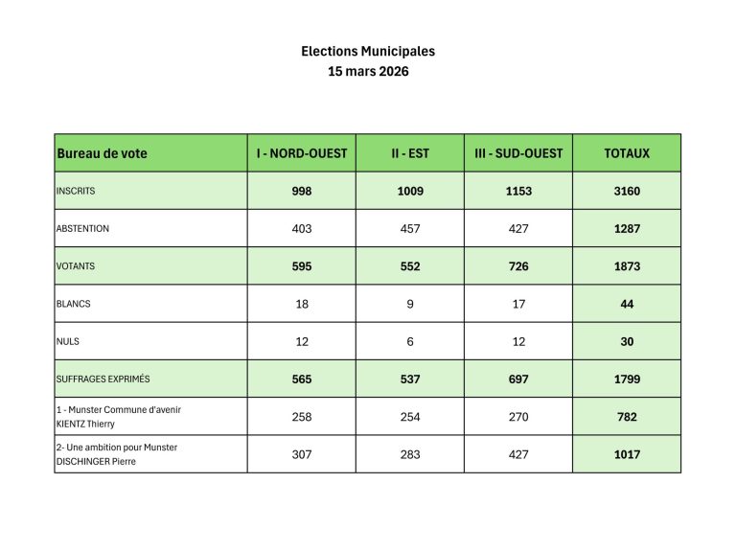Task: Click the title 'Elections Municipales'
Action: (x=368, y=52)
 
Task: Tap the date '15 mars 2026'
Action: (x=368, y=72)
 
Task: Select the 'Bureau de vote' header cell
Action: (x=103, y=153)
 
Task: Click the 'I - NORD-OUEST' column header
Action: (x=302, y=153)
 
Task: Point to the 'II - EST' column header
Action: (x=410, y=153)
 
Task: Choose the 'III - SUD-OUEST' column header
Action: (x=518, y=153)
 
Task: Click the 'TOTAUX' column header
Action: (x=627, y=153)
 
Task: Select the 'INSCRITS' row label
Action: (x=76, y=191)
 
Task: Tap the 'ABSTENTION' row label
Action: (x=83, y=229)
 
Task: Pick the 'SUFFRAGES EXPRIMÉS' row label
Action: (x=103, y=379)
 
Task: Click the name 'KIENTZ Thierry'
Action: (x=86, y=424)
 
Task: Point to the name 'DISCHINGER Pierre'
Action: (x=96, y=461)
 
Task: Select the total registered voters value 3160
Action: (x=627, y=192)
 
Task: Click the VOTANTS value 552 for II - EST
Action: (x=410, y=266)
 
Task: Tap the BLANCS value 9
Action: (x=410, y=304)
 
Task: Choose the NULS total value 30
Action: (x=627, y=341)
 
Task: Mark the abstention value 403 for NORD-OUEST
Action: (x=302, y=229)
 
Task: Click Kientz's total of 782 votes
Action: (x=627, y=417)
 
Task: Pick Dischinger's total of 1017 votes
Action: (x=627, y=454)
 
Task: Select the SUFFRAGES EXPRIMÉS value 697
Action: (x=518, y=379)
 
